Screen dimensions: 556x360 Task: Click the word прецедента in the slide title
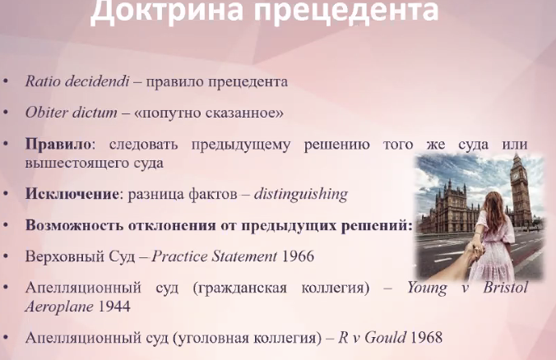347,11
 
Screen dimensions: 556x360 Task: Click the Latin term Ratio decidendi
77,81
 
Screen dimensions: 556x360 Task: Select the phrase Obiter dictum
71,113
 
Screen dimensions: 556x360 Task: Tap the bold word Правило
58,145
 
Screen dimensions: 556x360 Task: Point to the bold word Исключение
72,194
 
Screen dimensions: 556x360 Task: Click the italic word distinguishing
301,195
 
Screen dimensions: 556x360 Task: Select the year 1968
426,337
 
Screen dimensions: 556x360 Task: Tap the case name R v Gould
372,337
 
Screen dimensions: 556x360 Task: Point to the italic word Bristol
506,288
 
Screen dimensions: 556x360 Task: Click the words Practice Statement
215,256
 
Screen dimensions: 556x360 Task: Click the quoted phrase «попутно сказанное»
209,113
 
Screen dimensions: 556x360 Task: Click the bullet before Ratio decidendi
5,81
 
